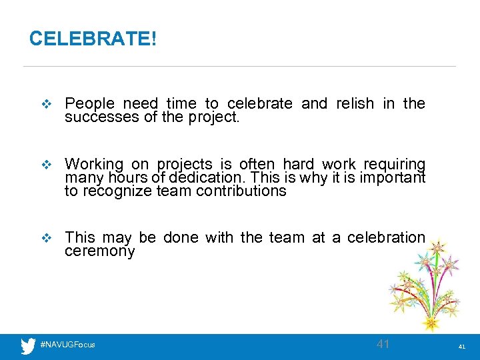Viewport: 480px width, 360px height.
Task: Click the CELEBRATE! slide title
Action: point(93,39)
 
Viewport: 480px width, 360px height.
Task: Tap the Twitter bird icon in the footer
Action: point(28,345)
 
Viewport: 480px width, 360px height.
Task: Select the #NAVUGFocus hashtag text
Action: point(67,345)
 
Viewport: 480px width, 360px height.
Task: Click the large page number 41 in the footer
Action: point(383,344)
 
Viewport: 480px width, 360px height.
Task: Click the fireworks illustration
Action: point(427,287)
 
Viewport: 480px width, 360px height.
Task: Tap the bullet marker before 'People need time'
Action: point(46,104)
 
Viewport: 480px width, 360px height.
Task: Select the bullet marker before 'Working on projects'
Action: point(46,165)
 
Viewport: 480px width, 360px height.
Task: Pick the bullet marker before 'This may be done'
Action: point(46,237)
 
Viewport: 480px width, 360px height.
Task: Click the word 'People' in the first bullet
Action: point(89,103)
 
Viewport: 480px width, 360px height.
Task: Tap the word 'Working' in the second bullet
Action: point(94,164)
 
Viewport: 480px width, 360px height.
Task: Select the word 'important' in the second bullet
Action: point(392,178)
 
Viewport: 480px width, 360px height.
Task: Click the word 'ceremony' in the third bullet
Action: point(99,251)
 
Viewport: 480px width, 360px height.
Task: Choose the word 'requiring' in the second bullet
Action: point(394,164)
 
